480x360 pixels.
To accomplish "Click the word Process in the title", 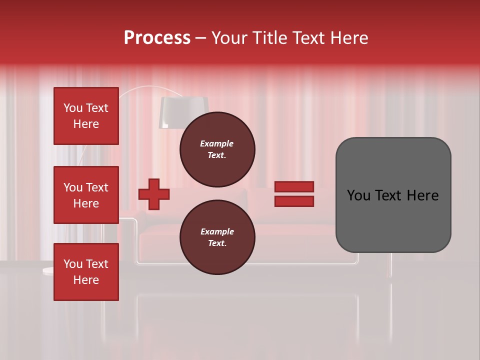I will [x=157, y=38].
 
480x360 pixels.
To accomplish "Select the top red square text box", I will [x=86, y=116].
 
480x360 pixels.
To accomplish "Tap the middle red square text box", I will [x=86, y=195].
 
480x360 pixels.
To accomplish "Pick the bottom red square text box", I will [x=86, y=272].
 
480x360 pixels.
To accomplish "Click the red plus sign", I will [x=154, y=194].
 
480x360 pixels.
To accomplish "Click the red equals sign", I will [x=294, y=194].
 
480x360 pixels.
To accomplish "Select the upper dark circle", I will [x=217, y=149].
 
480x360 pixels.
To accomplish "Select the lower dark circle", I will [x=217, y=237].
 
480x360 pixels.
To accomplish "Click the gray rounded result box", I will [x=393, y=195].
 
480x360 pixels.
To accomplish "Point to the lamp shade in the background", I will [x=183, y=111].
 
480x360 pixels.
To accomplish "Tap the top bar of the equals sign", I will [x=294, y=187].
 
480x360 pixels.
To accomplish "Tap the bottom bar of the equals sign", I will [x=294, y=201].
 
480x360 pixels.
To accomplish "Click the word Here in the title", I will [x=348, y=38].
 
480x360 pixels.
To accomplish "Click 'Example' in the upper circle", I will [x=217, y=143].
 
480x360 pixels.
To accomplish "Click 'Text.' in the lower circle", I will [x=217, y=243].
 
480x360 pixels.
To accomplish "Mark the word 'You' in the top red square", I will [x=72, y=108].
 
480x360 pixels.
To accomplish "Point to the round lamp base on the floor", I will [x=48, y=270].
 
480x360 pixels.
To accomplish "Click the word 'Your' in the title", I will [x=229, y=38].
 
